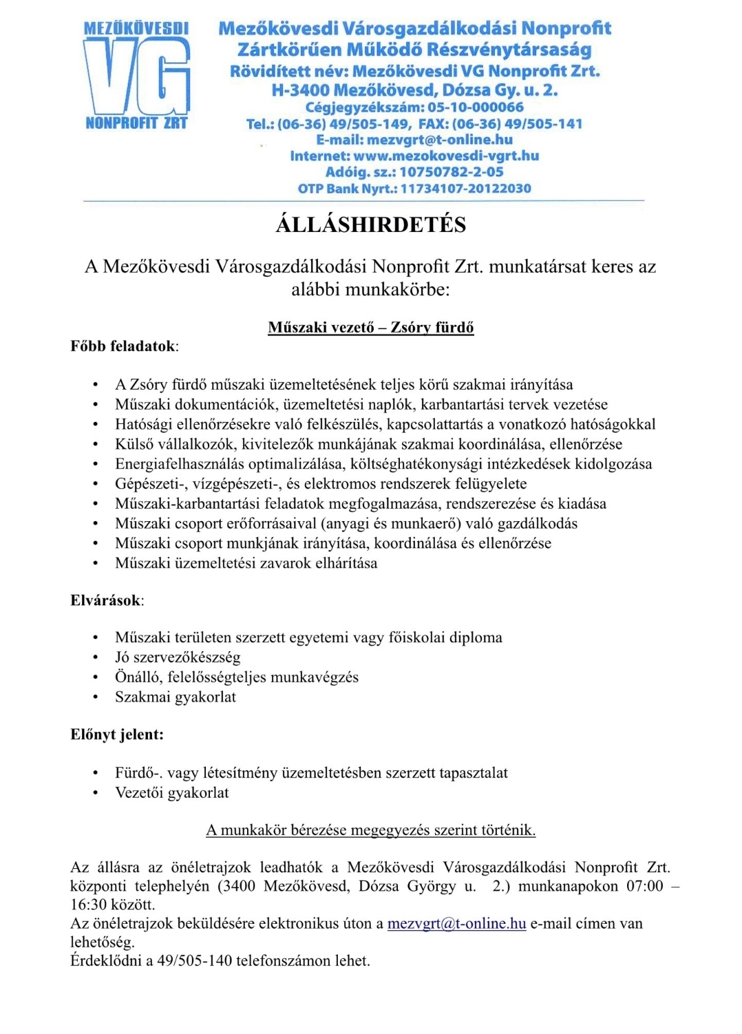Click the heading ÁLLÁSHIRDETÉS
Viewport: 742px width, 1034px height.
pos(371,225)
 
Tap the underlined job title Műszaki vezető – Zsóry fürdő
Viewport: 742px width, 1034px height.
pos(371,328)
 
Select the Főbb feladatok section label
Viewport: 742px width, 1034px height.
pos(124,346)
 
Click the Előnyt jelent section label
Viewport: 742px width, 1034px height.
pos(117,735)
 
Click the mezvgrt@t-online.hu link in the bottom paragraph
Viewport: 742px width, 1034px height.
pos(456,924)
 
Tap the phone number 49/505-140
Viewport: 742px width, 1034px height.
pos(195,961)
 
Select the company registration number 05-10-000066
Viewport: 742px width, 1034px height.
pos(476,107)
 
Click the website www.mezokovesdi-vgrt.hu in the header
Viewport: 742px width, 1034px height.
pos(446,156)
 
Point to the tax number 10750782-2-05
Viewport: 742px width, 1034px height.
pos(452,172)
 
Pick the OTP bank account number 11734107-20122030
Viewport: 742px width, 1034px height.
pos(466,189)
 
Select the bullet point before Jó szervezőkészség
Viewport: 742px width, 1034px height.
pos(96,658)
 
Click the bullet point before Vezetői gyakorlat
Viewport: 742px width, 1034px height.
pos(96,794)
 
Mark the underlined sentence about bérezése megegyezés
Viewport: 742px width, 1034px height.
pos(371,830)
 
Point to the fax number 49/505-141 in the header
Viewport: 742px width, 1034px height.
pos(543,124)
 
